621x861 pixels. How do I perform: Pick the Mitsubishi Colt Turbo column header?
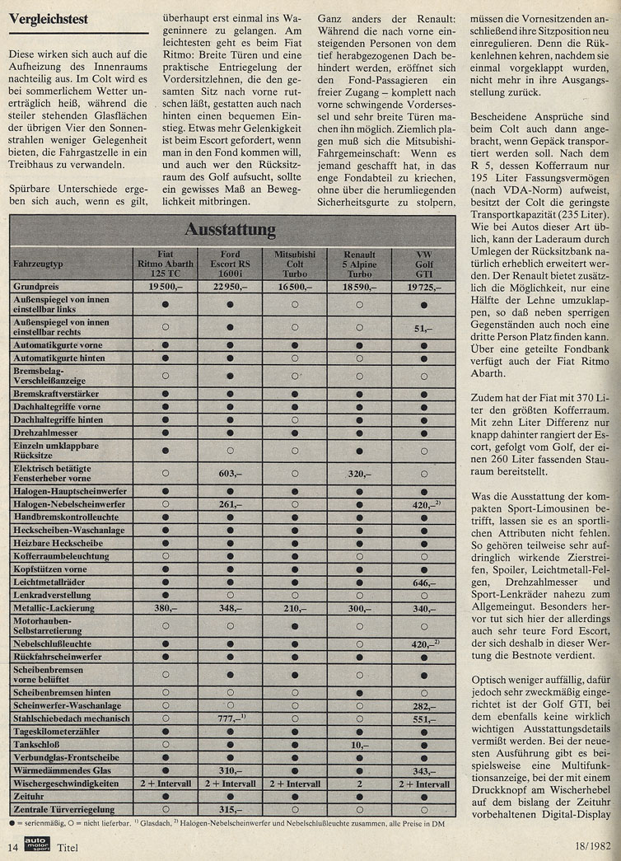(x=296, y=261)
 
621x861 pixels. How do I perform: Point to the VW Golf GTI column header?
(x=423, y=261)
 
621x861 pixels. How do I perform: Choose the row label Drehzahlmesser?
(x=49, y=432)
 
